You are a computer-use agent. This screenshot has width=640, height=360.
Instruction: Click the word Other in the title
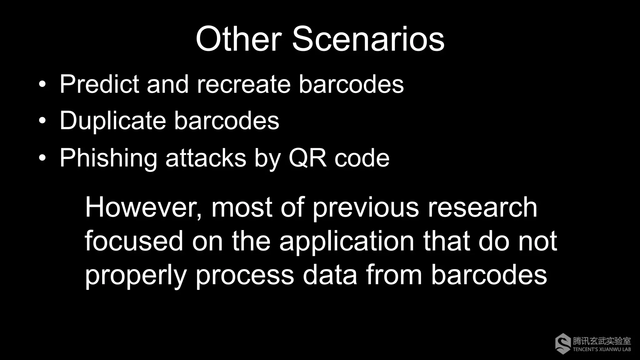coord(239,39)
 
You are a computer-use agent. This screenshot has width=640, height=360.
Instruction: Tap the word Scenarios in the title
coord(368,39)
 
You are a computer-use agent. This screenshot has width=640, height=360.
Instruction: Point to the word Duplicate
coord(113,121)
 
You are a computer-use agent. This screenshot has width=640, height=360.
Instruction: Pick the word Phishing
coord(108,158)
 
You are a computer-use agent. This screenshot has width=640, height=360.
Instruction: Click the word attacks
coord(206,158)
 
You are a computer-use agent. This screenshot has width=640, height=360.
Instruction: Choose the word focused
coord(134,241)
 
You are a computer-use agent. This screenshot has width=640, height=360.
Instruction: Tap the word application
coord(347,242)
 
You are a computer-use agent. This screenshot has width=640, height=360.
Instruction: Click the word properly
coord(136,275)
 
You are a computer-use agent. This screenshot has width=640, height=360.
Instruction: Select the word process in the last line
coord(245,275)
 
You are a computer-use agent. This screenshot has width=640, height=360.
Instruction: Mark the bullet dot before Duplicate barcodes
coord(42,121)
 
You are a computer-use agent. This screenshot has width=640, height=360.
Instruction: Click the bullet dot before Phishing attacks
coord(42,158)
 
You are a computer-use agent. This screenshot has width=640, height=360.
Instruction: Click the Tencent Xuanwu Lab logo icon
coord(563,344)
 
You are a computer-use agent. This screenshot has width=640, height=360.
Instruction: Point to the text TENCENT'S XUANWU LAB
coord(602,349)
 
